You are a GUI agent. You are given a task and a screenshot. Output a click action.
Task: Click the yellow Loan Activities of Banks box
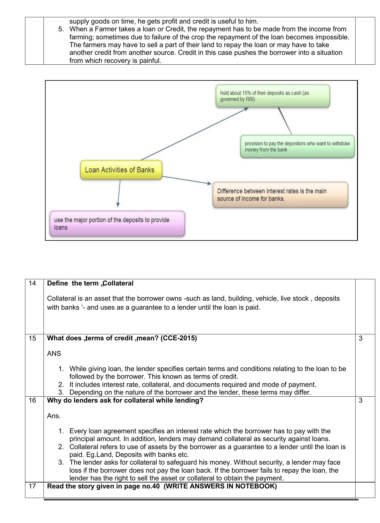[x=121, y=170]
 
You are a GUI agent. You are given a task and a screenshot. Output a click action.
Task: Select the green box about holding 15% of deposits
[x=272, y=96]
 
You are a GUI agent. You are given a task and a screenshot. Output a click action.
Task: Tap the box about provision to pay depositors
[x=297, y=147]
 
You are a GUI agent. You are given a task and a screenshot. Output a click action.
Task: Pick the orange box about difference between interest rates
[x=280, y=195]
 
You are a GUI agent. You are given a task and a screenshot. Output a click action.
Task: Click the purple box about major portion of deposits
[x=117, y=224]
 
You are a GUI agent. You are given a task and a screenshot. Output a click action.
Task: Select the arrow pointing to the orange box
[x=186, y=180]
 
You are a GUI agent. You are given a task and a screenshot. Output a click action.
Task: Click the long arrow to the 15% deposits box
[x=194, y=134]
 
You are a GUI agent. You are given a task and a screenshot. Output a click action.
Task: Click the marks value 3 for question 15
[x=361, y=338]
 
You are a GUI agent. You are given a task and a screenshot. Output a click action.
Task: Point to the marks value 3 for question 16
[x=361, y=400]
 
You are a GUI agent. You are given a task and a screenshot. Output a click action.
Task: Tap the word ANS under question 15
[x=54, y=354]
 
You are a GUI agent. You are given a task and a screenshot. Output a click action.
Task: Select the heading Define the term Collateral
[x=90, y=283]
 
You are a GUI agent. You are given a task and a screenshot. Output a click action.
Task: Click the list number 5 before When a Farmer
[x=61, y=29]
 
